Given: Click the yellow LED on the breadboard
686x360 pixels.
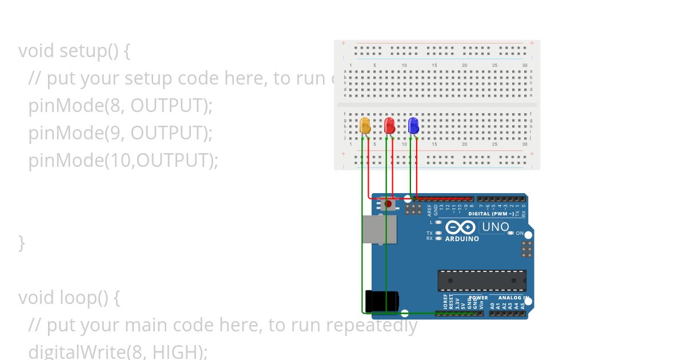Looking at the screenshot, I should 365,126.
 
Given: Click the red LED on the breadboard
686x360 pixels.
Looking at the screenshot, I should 390,126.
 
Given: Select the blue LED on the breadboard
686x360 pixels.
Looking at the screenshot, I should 414,126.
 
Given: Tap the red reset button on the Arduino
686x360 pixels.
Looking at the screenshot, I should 389,203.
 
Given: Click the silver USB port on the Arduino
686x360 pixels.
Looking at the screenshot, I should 379,229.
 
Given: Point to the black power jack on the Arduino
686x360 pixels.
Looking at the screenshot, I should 381,301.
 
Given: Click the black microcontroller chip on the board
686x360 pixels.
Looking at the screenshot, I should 482,281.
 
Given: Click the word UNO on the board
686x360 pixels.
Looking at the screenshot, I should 495,227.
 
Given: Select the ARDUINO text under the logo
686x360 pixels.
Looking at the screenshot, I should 462,239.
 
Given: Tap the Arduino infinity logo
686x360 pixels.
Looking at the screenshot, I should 461,227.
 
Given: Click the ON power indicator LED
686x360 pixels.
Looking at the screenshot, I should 511,233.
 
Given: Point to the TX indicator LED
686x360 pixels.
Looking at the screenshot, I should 438,233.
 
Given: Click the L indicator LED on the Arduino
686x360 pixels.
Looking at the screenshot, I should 438,222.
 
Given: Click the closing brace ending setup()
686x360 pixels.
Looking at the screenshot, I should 22,243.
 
